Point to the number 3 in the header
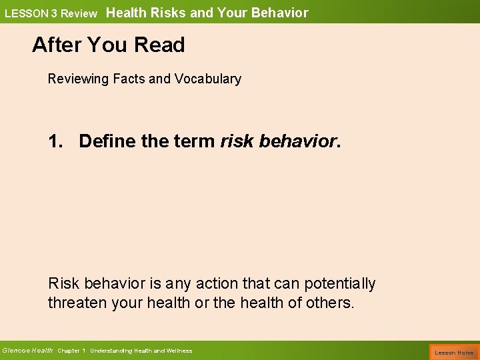(52, 13)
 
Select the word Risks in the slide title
(169, 13)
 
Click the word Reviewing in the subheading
(77, 79)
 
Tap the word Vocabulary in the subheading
(207, 79)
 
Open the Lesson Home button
(454, 351)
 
